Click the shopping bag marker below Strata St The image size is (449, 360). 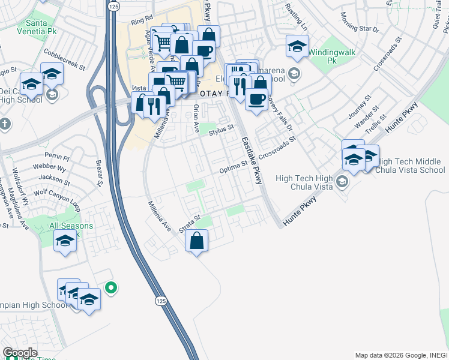pyautogui.click(x=196, y=241)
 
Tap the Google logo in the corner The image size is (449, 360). pyautogui.click(x=20, y=353)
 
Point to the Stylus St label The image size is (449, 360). pyautogui.click(x=221, y=127)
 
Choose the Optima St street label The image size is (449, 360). pyautogui.click(x=234, y=167)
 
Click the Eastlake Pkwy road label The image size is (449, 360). pyautogui.click(x=252, y=160)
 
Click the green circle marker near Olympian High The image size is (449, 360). pyautogui.click(x=110, y=288)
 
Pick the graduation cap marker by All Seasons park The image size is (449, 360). pyautogui.click(x=65, y=241)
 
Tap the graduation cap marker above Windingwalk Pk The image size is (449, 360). pyautogui.click(x=297, y=46)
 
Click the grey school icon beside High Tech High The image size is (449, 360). pyautogui.click(x=342, y=181)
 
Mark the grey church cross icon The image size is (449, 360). pyautogui.click(x=5, y=124)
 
